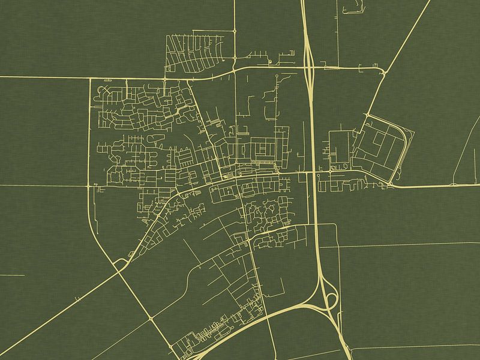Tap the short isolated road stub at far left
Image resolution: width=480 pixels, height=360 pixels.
(12, 275)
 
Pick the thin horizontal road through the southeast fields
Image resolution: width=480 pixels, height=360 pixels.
(408, 245)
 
